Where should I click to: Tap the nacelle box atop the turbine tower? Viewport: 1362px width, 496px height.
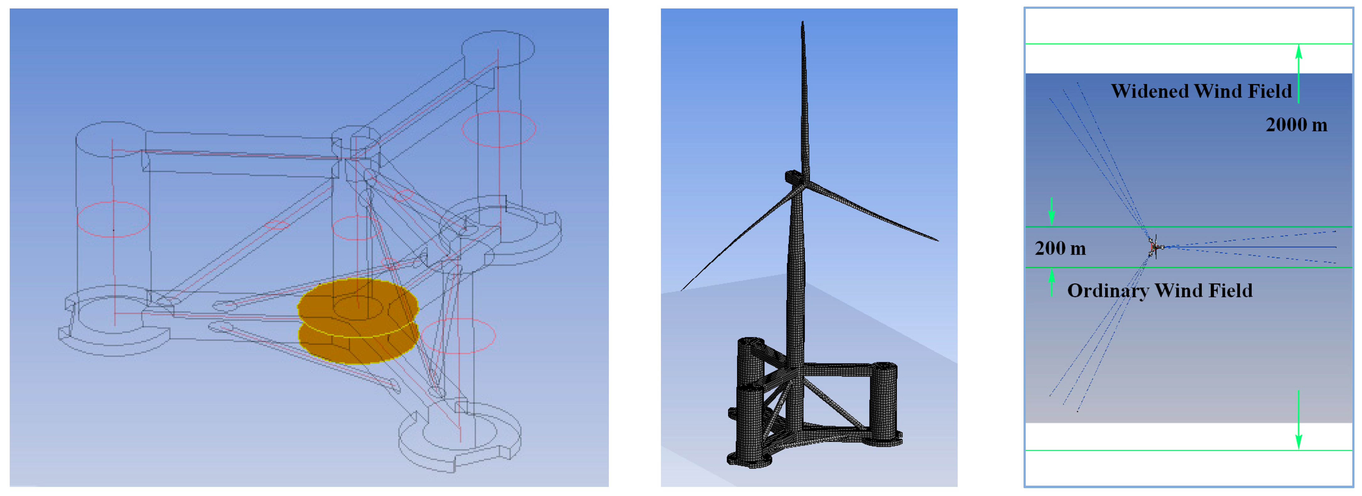pos(794,177)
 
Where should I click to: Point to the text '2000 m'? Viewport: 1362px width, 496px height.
pos(1296,125)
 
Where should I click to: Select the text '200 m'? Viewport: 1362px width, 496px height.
pos(1060,248)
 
